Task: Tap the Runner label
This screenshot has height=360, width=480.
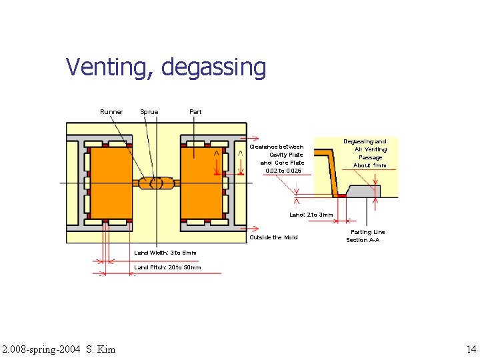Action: (111, 112)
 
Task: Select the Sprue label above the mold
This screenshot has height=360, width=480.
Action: (149, 112)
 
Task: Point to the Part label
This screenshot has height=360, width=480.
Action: (195, 112)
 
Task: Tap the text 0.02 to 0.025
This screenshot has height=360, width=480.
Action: (283, 171)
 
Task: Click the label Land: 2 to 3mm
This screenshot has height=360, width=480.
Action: (311, 215)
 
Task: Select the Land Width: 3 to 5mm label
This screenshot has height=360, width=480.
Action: (165, 253)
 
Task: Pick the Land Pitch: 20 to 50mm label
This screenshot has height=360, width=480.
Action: (167, 267)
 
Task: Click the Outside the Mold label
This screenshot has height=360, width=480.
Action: (273, 237)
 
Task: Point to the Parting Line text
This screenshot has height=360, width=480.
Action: (367, 232)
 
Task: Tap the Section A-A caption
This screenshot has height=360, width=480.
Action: (363, 240)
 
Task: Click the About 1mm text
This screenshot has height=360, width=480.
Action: (369, 165)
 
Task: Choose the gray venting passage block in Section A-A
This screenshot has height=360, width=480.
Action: (365, 191)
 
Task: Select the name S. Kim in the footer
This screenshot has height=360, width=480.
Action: (101, 349)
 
